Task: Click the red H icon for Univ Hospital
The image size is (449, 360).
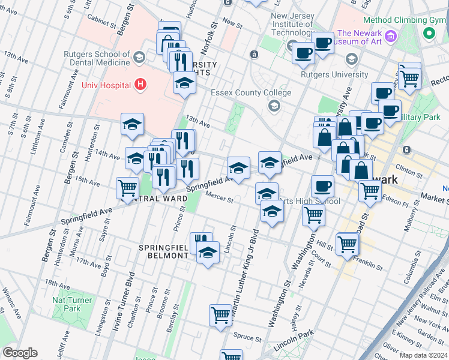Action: pyautogui.click(x=140, y=85)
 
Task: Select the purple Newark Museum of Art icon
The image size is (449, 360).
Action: pyautogui.click(x=391, y=36)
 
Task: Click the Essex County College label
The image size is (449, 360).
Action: pyautogui.click(x=250, y=93)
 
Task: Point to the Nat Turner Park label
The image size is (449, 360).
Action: pyautogui.click(x=72, y=304)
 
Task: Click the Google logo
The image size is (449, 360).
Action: pyautogui.click(x=20, y=353)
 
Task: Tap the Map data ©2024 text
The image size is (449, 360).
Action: pyautogui.click(x=423, y=355)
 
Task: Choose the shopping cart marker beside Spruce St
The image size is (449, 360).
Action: pyautogui.click(x=220, y=315)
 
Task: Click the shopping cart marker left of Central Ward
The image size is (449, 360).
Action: pyautogui.click(x=127, y=188)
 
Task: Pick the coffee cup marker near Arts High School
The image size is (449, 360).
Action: pyautogui.click(x=322, y=187)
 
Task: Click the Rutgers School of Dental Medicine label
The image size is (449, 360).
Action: pyautogui.click(x=97, y=58)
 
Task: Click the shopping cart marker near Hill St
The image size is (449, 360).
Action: pyautogui.click(x=348, y=244)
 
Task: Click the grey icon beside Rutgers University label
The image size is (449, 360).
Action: pyautogui.click(x=351, y=59)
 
